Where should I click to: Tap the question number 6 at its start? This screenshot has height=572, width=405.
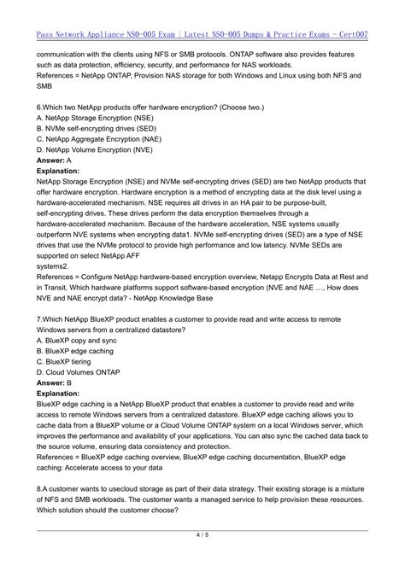pyautogui.click(x=39, y=105)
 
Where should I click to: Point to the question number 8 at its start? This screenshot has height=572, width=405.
pyautogui.click(x=39, y=466)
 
